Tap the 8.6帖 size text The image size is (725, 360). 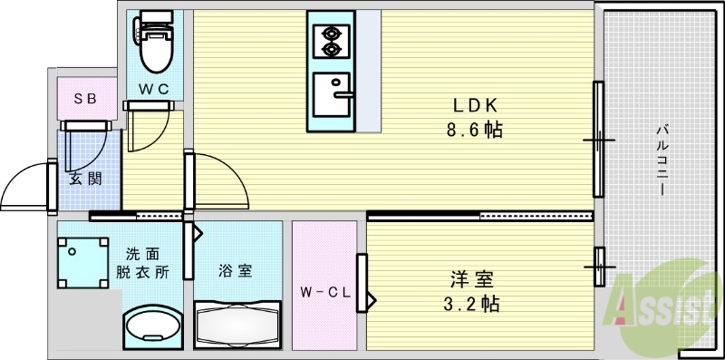pyautogui.click(x=474, y=130)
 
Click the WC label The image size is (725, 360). pyautogui.click(x=152, y=88)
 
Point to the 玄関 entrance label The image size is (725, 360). pyautogui.click(x=83, y=178)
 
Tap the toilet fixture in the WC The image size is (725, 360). pyautogui.click(x=154, y=46)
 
